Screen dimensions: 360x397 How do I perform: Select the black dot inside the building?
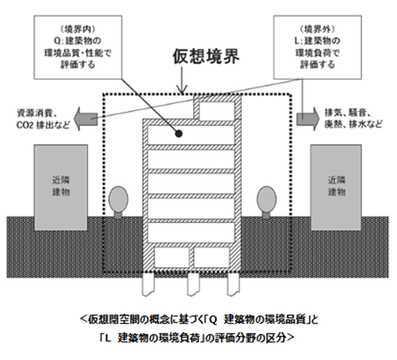click(x=179, y=134)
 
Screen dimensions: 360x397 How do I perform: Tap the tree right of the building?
click(x=266, y=199)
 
